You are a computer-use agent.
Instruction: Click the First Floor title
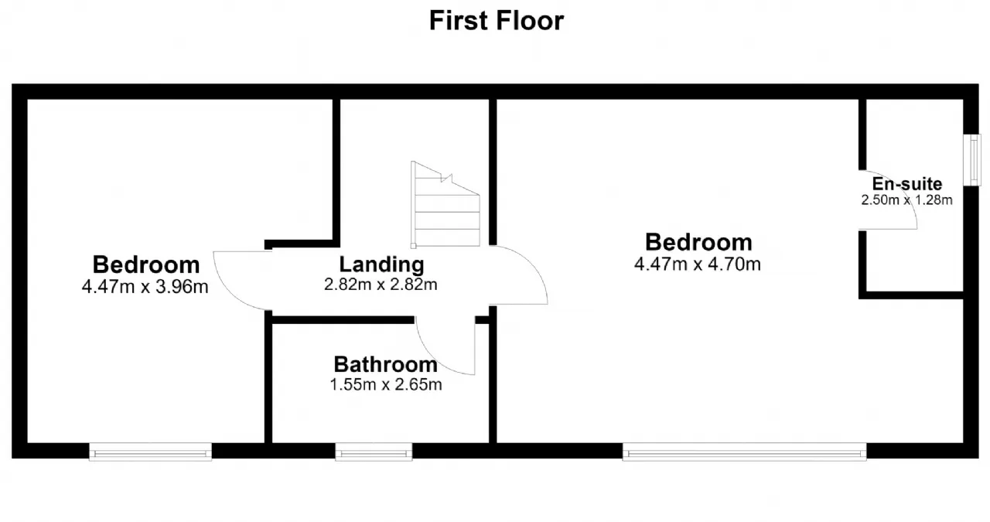497,20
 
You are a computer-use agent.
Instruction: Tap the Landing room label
381,264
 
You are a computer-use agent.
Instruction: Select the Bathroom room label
385,365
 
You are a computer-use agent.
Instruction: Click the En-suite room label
907,183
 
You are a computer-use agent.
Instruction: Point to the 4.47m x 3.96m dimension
145,287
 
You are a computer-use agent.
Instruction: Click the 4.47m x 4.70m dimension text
698,264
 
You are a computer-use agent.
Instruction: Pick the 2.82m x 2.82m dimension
381,285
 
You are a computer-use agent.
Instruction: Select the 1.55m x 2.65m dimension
386,384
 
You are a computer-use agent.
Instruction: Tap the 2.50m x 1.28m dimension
906,200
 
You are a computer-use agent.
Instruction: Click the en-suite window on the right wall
972,160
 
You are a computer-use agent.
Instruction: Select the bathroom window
374,452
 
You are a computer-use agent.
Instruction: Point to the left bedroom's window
150,452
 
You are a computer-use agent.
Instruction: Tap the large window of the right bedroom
745,452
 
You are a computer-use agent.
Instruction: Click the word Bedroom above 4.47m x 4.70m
698,242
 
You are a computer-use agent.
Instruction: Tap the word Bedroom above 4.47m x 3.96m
146,264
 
